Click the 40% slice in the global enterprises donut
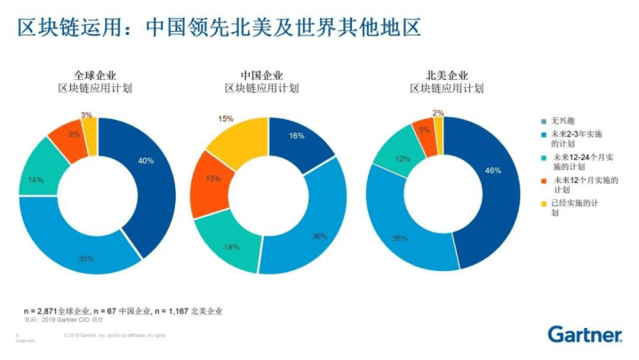[146, 162]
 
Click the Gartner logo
[584, 335]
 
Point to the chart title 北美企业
[447, 75]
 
